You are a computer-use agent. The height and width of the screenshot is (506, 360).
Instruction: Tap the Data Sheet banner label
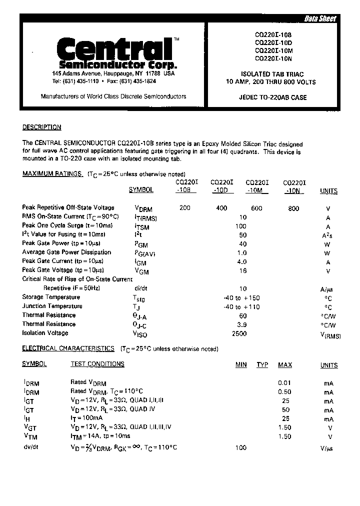[320, 19]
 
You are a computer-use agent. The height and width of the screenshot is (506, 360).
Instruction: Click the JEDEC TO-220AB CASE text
[273, 97]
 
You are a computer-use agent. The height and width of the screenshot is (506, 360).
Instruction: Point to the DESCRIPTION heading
[41, 127]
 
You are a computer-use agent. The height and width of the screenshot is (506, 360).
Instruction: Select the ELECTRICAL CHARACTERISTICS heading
[68, 348]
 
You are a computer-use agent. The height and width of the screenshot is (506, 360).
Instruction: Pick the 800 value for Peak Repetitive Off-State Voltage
[294, 208]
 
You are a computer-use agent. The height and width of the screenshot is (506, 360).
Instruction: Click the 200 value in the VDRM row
[184, 208]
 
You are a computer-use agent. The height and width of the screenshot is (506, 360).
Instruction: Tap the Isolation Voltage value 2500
[239, 333]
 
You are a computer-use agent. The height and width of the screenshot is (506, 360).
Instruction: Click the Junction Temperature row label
[52, 306]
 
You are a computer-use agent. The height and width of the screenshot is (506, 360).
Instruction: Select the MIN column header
[241, 365]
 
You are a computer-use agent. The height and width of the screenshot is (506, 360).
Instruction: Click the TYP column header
[262, 365]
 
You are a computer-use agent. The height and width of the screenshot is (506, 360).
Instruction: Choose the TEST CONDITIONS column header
[97, 364]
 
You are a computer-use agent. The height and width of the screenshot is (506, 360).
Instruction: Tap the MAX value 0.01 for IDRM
[284, 383]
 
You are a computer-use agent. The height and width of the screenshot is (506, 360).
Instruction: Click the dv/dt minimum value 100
[241, 447]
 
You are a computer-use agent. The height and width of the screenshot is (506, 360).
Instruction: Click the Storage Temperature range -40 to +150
[242, 297]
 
